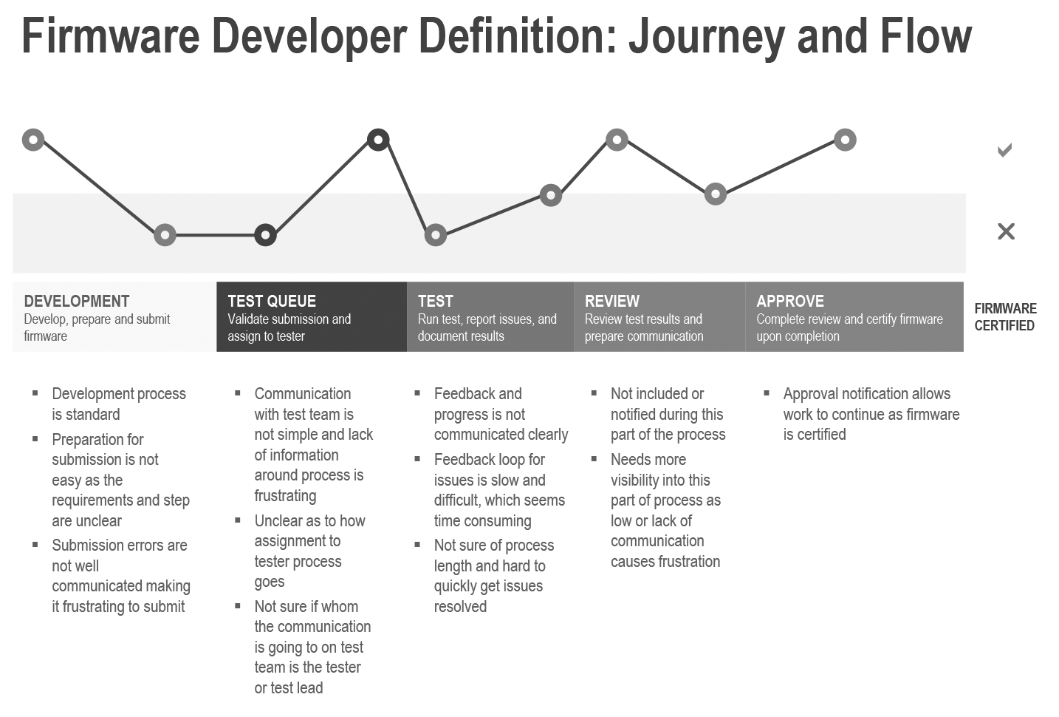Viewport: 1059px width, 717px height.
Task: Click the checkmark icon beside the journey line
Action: point(1004,149)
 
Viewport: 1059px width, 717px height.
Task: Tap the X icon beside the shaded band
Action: point(1006,231)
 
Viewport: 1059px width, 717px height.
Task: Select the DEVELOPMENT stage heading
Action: point(77,301)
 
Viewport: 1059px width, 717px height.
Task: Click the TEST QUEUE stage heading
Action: point(272,301)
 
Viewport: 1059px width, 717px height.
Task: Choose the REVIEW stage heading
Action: point(611,301)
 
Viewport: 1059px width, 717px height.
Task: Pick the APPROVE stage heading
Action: point(790,301)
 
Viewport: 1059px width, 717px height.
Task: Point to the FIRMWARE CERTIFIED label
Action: point(1005,317)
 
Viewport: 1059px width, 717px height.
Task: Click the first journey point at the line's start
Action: point(33,140)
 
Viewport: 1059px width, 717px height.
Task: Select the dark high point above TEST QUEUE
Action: point(378,140)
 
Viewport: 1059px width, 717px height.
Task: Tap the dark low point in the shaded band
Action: point(265,235)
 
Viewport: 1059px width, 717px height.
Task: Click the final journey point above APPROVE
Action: point(845,140)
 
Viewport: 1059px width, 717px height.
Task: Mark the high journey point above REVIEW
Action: point(617,140)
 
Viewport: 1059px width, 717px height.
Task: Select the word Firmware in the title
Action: point(111,36)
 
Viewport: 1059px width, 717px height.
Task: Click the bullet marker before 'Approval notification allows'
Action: point(767,393)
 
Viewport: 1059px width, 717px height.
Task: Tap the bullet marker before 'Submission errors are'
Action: point(35,544)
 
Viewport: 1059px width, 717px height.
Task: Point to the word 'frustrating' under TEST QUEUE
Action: point(286,496)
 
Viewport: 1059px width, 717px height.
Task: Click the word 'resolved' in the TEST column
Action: point(461,606)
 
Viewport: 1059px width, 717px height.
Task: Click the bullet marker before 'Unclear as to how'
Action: point(237,520)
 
